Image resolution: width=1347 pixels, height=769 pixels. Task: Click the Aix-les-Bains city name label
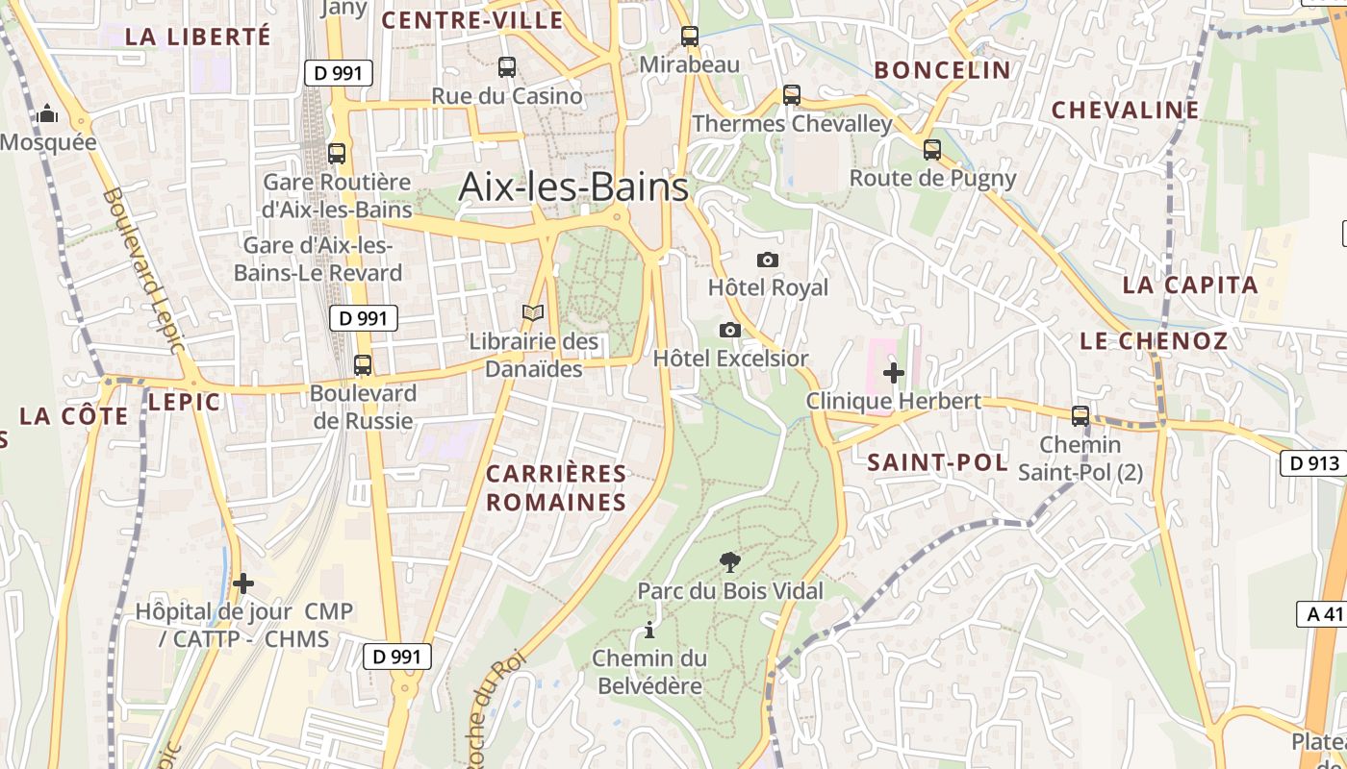click(573, 186)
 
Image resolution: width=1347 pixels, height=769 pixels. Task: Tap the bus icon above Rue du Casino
click(507, 67)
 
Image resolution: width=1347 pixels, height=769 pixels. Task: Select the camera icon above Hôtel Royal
click(768, 260)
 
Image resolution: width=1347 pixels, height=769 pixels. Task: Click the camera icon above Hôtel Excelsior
click(730, 331)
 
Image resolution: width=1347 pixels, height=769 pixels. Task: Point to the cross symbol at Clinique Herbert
click(894, 373)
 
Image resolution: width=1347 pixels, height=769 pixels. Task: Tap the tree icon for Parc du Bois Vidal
click(730, 562)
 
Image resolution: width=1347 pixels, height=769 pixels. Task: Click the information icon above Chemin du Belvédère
click(649, 631)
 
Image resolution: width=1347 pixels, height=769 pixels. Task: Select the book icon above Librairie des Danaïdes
click(533, 313)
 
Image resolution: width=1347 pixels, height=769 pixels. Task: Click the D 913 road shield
click(1312, 463)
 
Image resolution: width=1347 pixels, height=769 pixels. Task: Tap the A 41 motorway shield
click(1325, 614)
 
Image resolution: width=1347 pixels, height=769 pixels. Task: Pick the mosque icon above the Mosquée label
click(47, 115)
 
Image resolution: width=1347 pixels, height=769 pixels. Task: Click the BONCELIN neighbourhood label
click(943, 70)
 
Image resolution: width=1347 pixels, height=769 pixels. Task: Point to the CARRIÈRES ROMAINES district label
click(556, 487)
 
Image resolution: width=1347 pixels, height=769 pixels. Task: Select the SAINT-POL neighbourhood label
click(937, 462)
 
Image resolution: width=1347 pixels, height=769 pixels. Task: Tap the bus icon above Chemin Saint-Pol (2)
click(1080, 416)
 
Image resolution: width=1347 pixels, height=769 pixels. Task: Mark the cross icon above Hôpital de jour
click(243, 583)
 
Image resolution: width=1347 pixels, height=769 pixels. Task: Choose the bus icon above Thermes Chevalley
click(791, 95)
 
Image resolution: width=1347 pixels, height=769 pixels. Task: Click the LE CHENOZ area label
click(1154, 341)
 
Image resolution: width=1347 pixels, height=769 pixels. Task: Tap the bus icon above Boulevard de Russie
click(363, 365)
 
